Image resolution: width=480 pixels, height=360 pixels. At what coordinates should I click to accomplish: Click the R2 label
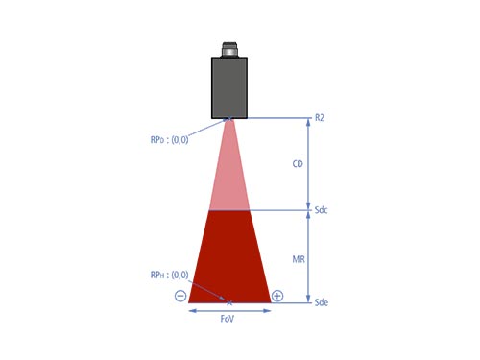click(x=320, y=118)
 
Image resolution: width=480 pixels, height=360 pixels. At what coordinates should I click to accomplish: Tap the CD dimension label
click(x=298, y=164)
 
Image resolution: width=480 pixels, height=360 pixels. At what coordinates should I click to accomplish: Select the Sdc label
click(x=321, y=210)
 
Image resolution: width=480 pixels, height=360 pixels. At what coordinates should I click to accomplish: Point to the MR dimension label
click(x=299, y=259)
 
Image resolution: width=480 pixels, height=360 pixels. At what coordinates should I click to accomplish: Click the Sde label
click(x=322, y=302)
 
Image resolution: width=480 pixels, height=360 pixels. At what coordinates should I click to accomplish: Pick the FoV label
click(x=228, y=319)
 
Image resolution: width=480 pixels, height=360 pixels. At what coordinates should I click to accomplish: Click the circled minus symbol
click(x=180, y=296)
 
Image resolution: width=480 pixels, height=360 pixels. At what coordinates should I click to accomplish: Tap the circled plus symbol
click(x=277, y=296)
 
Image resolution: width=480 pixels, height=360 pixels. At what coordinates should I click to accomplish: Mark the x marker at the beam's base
click(x=229, y=302)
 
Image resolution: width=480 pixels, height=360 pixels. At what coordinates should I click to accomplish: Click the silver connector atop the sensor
click(x=229, y=50)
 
